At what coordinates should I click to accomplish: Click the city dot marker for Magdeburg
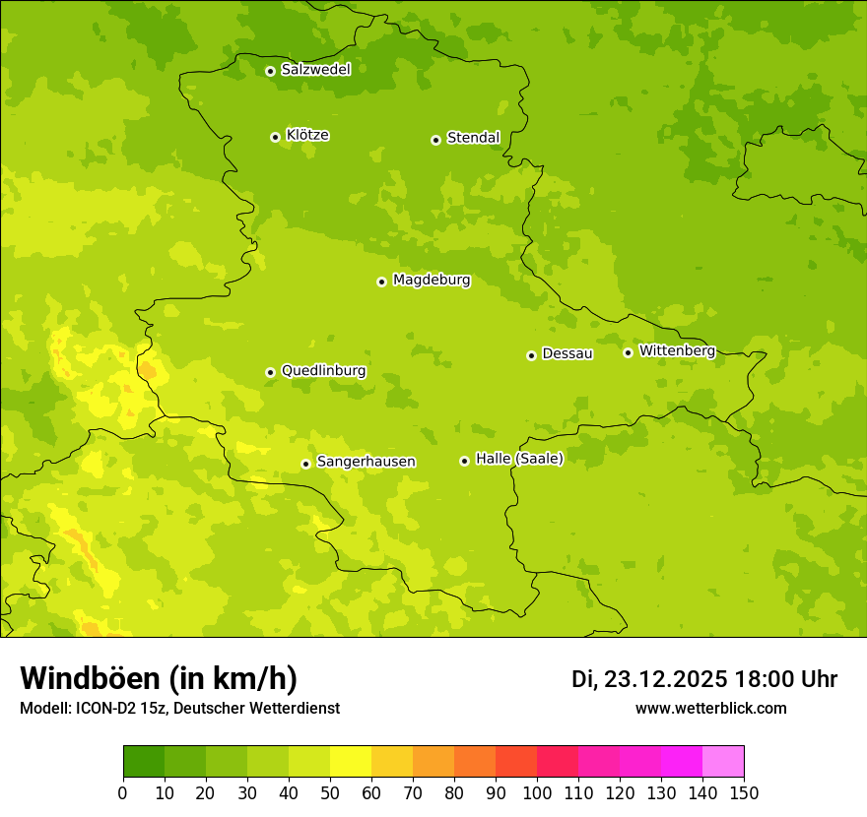pyautogui.click(x=381, y=282)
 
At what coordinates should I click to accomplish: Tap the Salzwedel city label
pyautogui.click(x=315, y=70)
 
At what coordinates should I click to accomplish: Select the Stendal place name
pyautogui.click(x=473, y=138)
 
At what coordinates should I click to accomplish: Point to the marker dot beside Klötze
pyautogui.click(x=275, y=137)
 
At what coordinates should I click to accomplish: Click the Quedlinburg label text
pyautogui.click(x=323, y=371)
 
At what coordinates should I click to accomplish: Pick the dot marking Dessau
pyautogui.click(x=531, y=355)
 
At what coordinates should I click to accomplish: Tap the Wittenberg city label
pyautogui.click(x=677, y=350)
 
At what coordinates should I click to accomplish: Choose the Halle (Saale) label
pyautogui.click(x=519, y=459)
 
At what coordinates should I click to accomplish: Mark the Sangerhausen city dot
pyautogui.click(x=305, y=464)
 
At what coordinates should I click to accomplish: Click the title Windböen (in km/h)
pyautogui.click(x=159, y=678)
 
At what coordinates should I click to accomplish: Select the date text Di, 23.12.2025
pyautogui.click(x=649, y=679)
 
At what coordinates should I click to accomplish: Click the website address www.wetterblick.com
pyautogui.click(x=710, y=708)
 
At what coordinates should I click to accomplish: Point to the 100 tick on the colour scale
pyautogui.click(x=537, y=792)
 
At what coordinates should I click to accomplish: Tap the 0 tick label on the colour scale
pyautogui.click(x=123, y=792)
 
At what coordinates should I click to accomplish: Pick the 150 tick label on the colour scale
pyautogui.click(x=744, y=792)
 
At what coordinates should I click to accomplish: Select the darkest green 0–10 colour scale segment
pyautogui.click(x=144, y=762)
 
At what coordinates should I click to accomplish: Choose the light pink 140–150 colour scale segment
pyautogui.click(x=723, y=762)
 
